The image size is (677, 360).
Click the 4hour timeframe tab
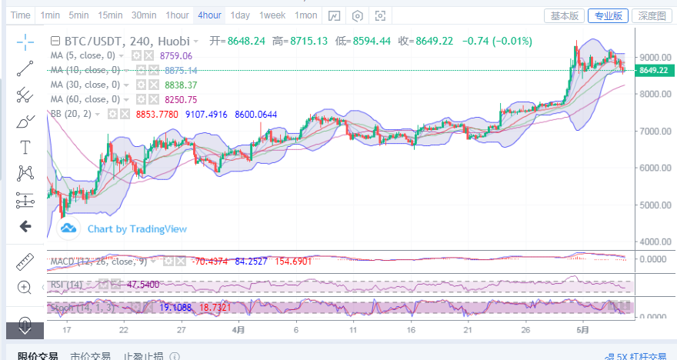pyautogui.click(x=209, y=15)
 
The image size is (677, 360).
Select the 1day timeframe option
pyautogui.click(x=240, y=15)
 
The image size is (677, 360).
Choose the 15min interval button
pyautogui.click(x=110, y=15)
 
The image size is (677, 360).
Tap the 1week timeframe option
pyautogui.click(x=272, y=15)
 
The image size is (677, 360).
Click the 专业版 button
pyautogui.click(x=608, y=15)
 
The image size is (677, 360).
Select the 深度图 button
pyautogui.click(x=652, y=15)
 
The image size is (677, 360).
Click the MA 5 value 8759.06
pyautogui.click(x=176, y=55)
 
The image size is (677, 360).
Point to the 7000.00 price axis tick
pyautogui.click(x=655, y=131)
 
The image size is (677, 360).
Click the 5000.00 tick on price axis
pyautogui.click(x=655, y=205)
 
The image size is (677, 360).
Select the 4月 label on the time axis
pyautogui.click(x=238, y=330)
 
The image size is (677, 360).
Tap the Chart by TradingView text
pyautogui.click(x=136, y=228)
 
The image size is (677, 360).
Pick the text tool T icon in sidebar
pyautogui.click(x=25, y=146)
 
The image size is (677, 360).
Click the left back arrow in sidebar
pyautogui.click(x=25, y=226)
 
